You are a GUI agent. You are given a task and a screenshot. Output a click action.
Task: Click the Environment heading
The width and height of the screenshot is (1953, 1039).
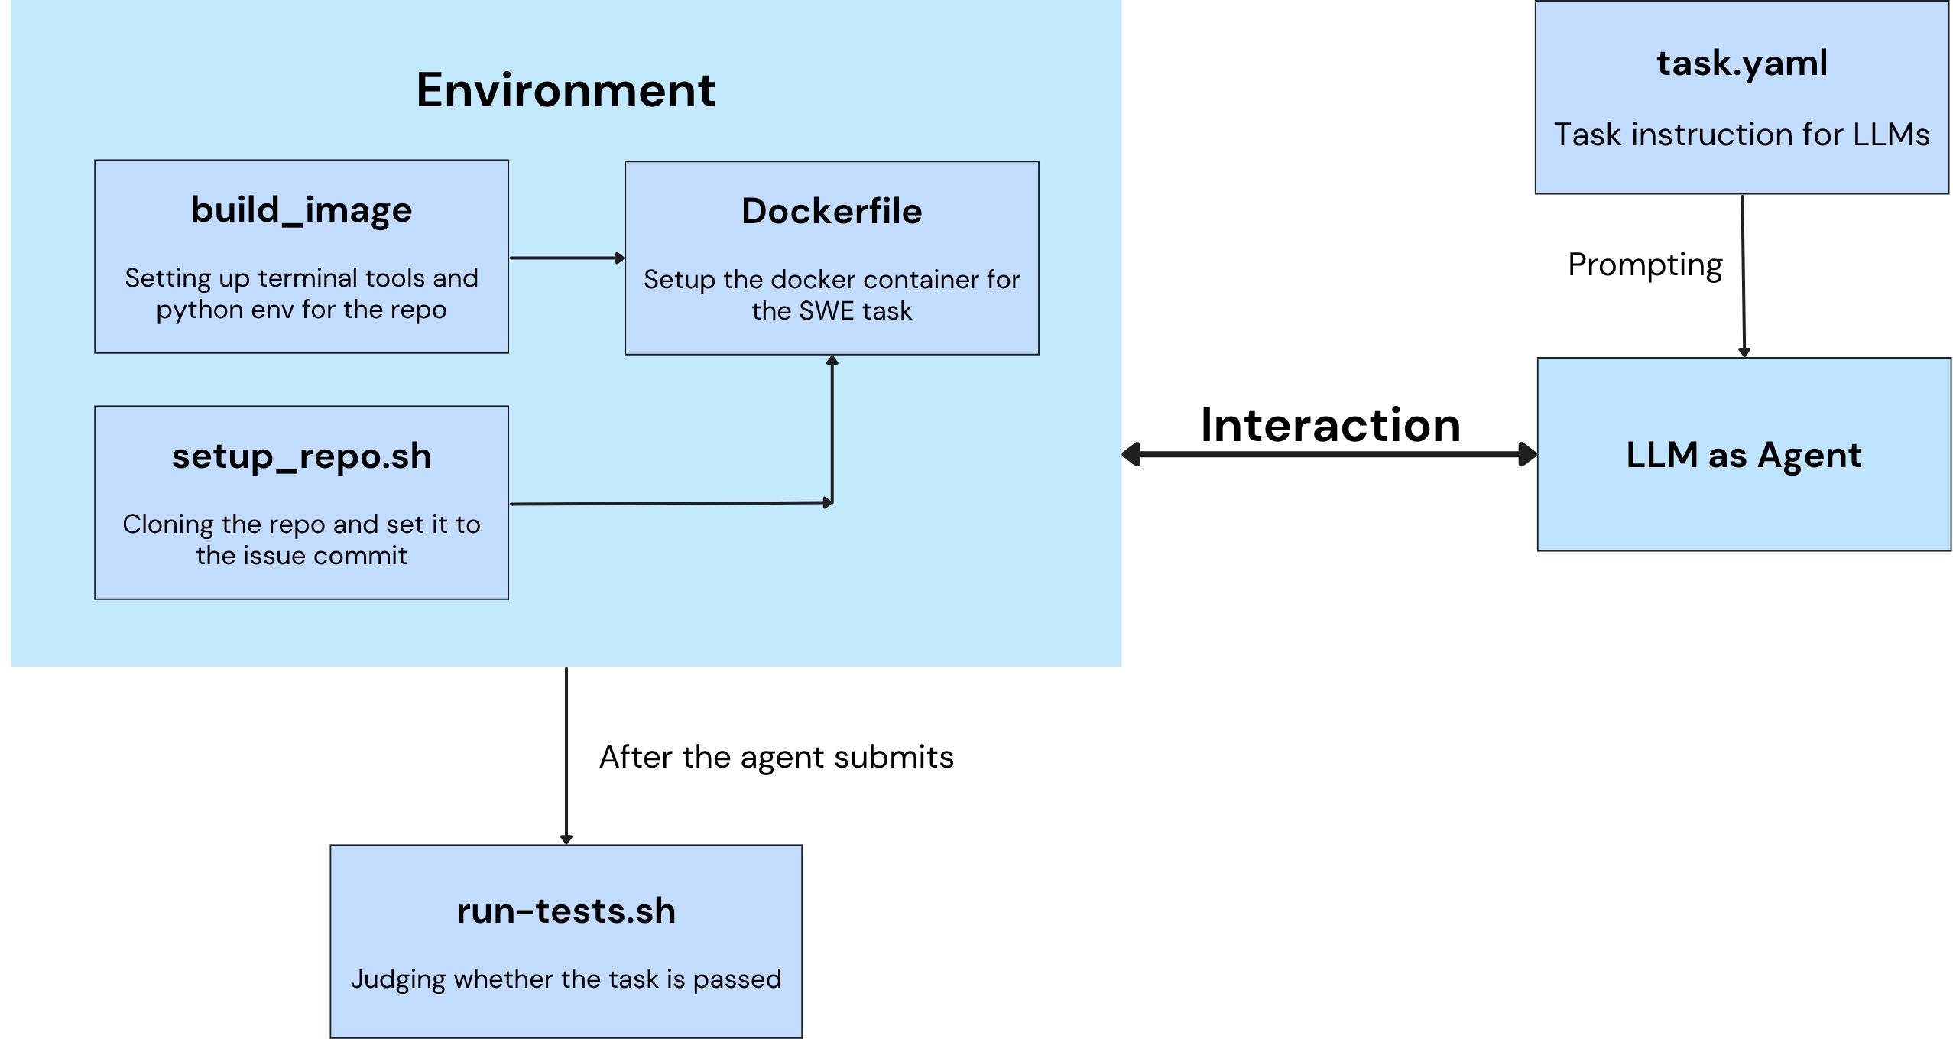coord(565,90)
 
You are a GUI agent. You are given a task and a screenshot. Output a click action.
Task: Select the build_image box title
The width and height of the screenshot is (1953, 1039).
coord(301,209)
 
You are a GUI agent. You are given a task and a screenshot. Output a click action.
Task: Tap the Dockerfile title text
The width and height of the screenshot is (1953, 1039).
coord(832,211)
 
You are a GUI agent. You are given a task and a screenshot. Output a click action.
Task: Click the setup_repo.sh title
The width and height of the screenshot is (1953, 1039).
coord(301,456)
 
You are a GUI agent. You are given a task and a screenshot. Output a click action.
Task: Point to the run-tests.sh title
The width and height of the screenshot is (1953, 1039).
coord(566,911)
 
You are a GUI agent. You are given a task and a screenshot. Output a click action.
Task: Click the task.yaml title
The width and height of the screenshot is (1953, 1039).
coord(1741,63)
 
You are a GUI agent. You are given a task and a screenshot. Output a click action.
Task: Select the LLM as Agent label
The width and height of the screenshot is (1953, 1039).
coord(1743,455)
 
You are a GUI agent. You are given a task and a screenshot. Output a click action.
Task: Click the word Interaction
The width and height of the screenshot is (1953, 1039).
coord(1330,425)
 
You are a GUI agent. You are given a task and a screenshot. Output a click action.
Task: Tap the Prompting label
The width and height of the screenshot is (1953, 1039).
coord(1645,265)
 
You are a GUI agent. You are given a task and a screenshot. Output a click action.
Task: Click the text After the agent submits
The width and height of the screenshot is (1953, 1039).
coord(776,757)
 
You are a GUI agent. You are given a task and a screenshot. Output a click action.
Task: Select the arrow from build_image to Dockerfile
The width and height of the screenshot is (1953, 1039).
coord(566,258)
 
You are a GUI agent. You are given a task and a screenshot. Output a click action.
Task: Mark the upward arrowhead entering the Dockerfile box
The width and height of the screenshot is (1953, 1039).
coord(832,360)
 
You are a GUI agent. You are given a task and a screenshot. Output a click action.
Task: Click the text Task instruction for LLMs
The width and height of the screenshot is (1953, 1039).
coord(1741,135)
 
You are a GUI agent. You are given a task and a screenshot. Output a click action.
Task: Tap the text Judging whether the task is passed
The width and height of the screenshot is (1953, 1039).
coord(566,979)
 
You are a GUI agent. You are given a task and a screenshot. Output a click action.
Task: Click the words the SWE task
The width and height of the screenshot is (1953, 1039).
coord(832,311)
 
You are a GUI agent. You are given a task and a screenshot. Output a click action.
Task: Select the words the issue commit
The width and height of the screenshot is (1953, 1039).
coord(301,556)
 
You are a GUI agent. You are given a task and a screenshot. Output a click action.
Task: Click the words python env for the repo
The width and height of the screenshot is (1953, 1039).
coord(301,310)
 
